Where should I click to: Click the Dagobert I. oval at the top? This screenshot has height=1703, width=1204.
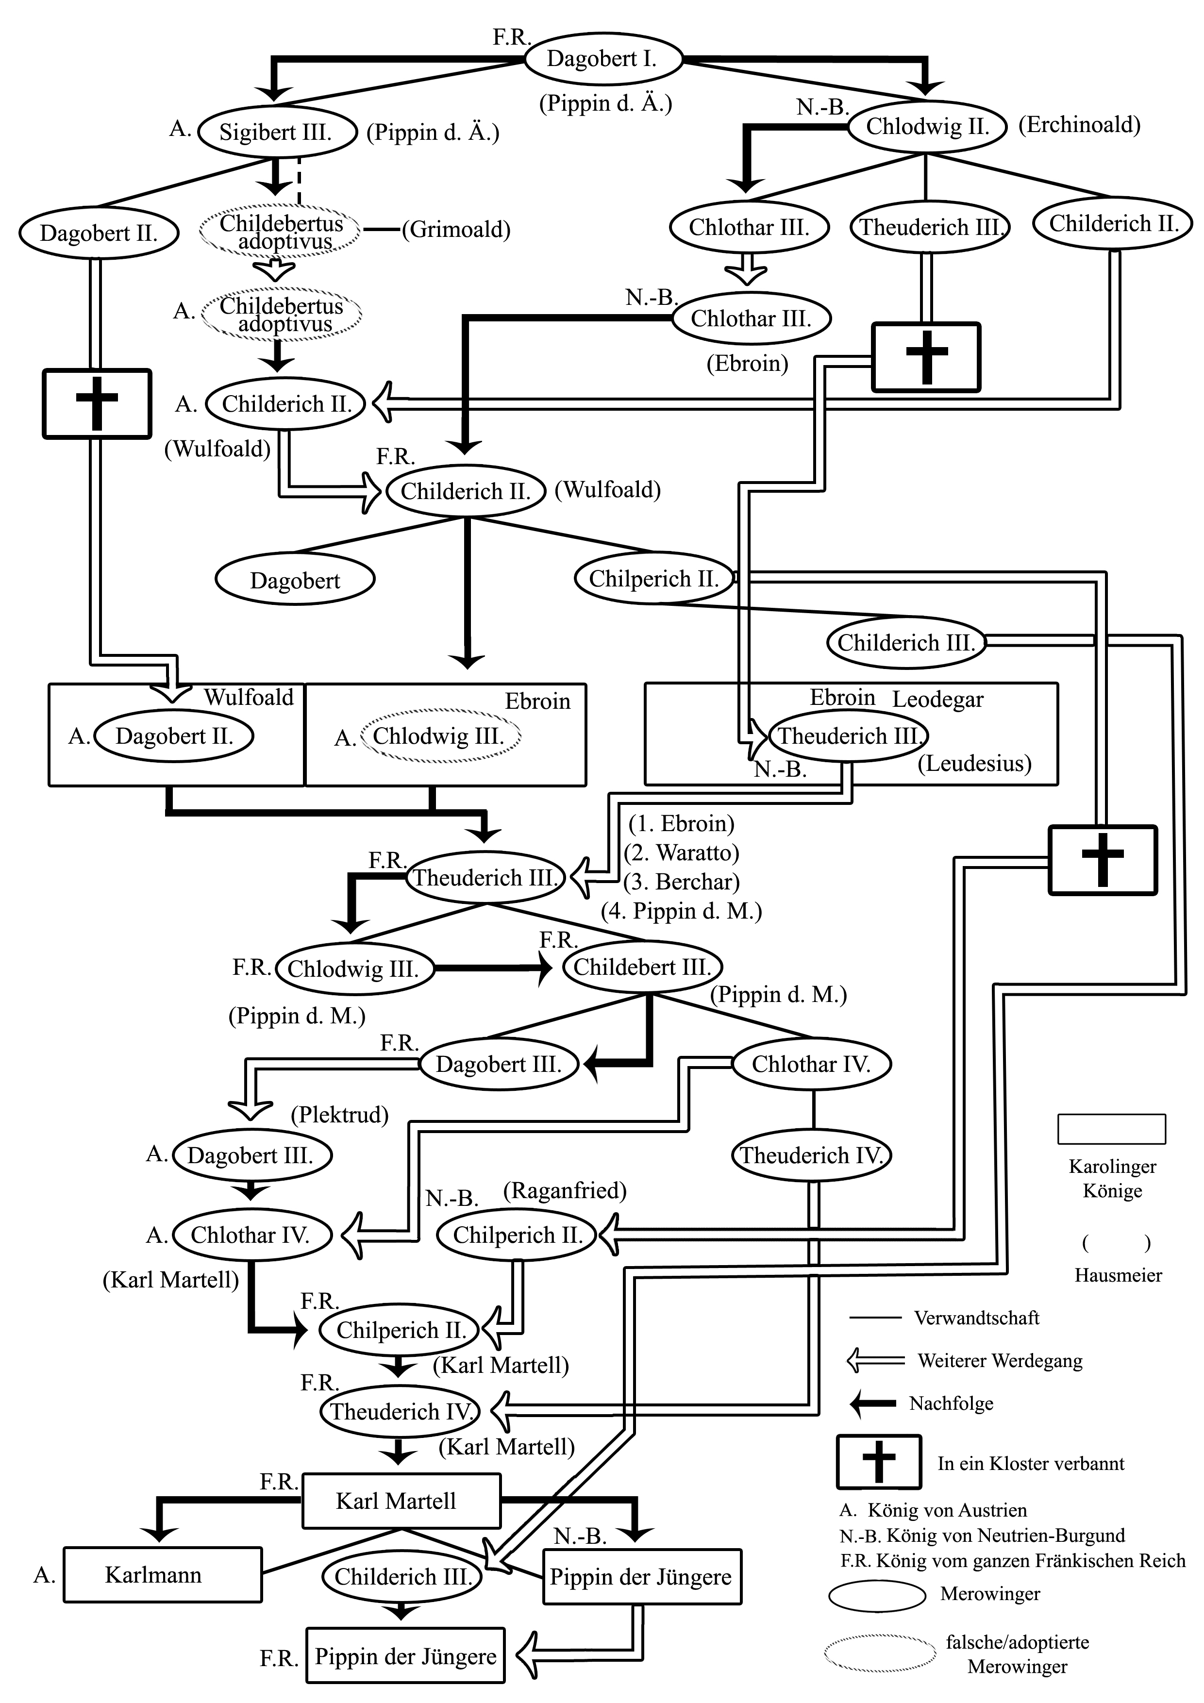coord(602,59)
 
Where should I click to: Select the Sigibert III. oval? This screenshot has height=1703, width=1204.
coord(276,132)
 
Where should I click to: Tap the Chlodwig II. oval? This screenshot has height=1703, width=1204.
coord(927,126)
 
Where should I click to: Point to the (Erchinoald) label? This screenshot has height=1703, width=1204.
coord(1079,125)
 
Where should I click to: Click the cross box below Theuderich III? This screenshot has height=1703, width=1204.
coord(926,357)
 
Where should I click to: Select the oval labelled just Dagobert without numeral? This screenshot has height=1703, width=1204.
coord(295,580)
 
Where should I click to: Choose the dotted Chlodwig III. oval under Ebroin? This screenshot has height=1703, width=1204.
coord(439,736)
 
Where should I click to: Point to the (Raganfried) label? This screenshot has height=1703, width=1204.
coord(565,1190)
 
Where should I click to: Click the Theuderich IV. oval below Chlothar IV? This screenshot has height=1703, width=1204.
coord(812,1155)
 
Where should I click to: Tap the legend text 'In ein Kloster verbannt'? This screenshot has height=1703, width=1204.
coord(1030,1463)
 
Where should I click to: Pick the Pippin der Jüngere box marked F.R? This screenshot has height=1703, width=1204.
coord(405,1656)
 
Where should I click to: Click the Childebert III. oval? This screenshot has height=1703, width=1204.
coord(642,967)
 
